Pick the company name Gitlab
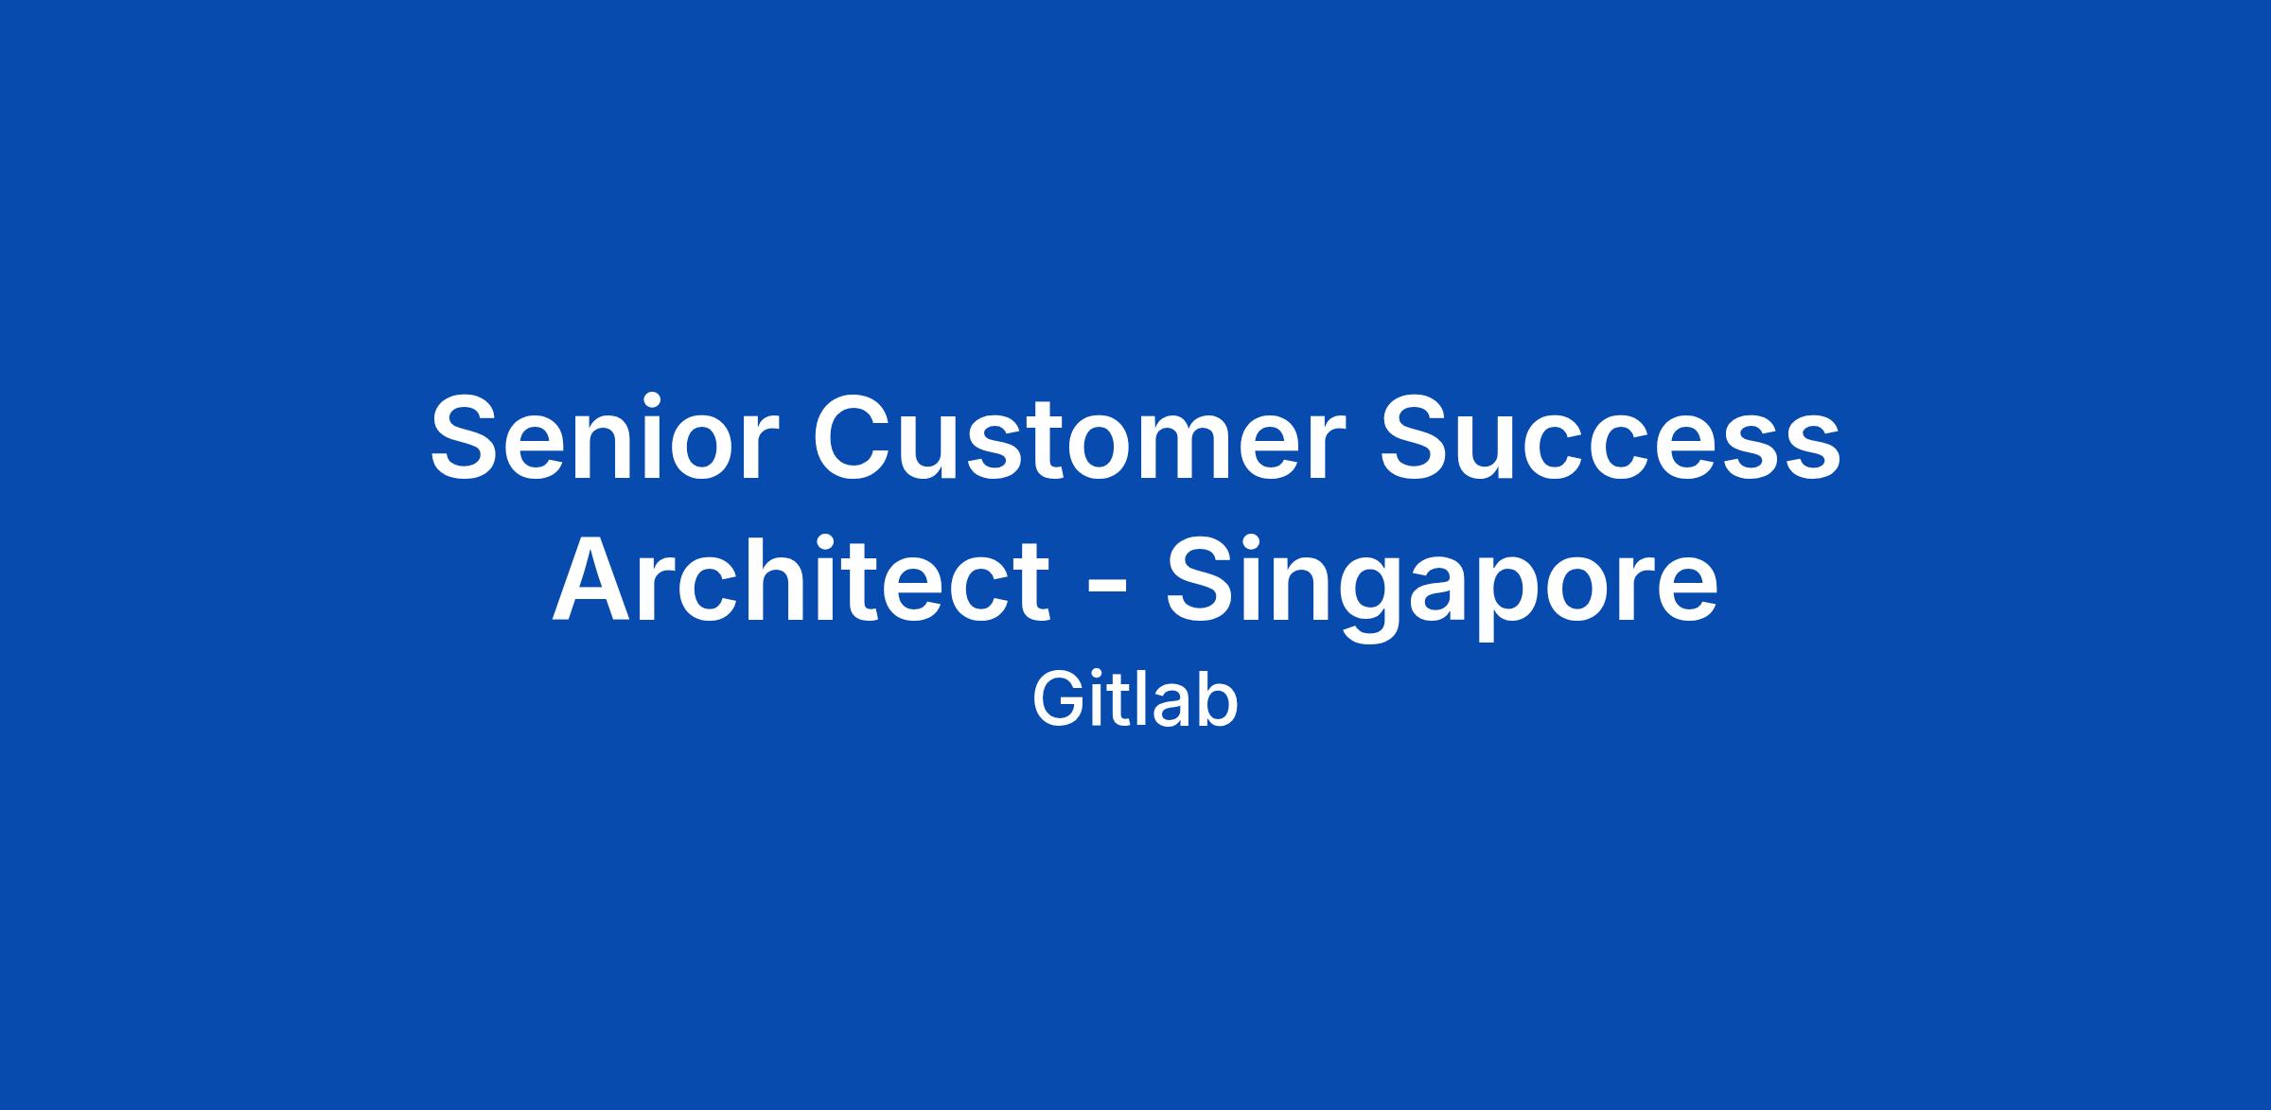pyautogui.click(x=1135, y=701)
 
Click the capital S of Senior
pyautogui.click(x=469, y=436)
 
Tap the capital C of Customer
pyautogui.click(x=856, y=436)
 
